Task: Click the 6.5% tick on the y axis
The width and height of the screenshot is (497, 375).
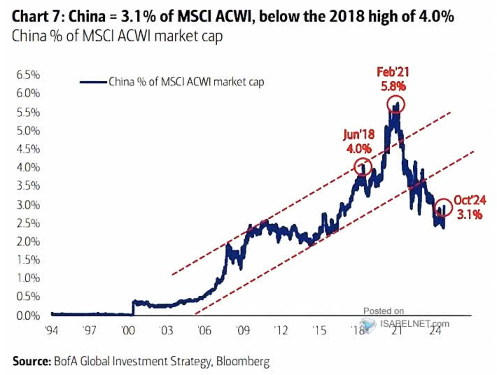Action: point(28,75)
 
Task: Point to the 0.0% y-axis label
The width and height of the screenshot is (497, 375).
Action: point(28,316)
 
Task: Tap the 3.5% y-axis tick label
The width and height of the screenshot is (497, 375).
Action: point(28,185)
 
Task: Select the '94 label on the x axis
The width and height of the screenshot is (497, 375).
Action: point(52,330)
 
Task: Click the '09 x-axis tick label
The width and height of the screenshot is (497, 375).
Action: point(243,330)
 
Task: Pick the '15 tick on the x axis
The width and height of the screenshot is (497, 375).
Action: point(319,330)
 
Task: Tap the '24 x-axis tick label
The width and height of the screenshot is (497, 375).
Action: point(435,330)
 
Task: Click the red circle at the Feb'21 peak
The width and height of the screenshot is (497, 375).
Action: point(396,104)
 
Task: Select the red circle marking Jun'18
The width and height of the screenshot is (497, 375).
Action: point(362,167)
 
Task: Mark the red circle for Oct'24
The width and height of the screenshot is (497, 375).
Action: point(443,207)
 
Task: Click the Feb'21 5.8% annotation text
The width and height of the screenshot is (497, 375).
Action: point(393,79)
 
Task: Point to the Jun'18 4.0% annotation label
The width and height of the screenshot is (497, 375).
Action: point(359,141)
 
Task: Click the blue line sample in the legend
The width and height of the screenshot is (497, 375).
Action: point(93,82)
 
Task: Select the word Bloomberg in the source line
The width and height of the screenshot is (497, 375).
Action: point(243,361)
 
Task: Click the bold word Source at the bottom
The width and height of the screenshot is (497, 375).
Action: point(32,361)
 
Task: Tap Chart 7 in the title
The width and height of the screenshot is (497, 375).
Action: point(35,16)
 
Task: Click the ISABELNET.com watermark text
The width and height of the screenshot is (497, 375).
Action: point(414,324)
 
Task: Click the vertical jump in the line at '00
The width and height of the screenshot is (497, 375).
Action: point(133,308)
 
